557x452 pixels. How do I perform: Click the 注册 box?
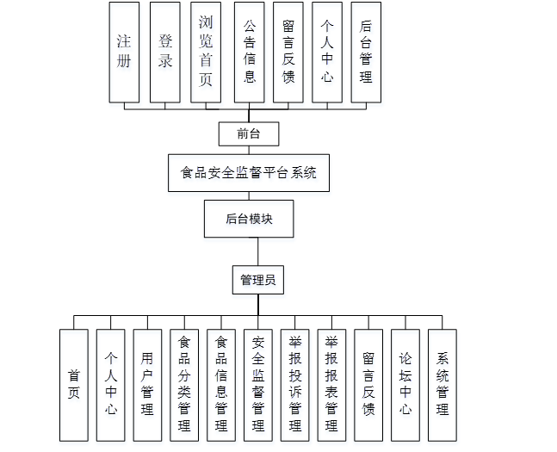click(x=124, y=53)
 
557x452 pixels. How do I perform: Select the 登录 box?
click(x=165, y=53)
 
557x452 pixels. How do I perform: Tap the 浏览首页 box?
click(x=206, y=53)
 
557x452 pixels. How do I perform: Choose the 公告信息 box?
click(x=250, y=53)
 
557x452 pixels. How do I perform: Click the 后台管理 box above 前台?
click(x=366, y=53)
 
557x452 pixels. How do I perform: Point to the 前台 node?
click(x=249, y=134)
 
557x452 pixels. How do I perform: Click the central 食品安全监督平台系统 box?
click(x=249, y=173)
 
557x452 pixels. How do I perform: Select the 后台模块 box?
click(x=249, y=219)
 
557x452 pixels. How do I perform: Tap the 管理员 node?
click(x=258, y=280)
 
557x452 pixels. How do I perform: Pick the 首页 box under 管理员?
click(x=74, y=385)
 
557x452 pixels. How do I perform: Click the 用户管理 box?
click(x=147, y=385)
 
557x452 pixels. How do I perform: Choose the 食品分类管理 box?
click(x=184, y=385)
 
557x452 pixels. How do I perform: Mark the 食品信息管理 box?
click(x=221, y=385)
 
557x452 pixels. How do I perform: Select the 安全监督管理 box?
click(x=258, y=385)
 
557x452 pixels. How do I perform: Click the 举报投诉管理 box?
click(x=294, y=385)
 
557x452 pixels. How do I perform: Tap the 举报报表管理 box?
click(x=331, y=385)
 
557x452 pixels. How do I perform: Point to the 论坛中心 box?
click(x=405, y=385)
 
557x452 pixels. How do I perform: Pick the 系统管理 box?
click(x=443, y=385)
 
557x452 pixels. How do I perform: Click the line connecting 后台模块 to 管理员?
click(x=258, y=251)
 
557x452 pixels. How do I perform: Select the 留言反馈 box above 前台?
click(x=288, y=53)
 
